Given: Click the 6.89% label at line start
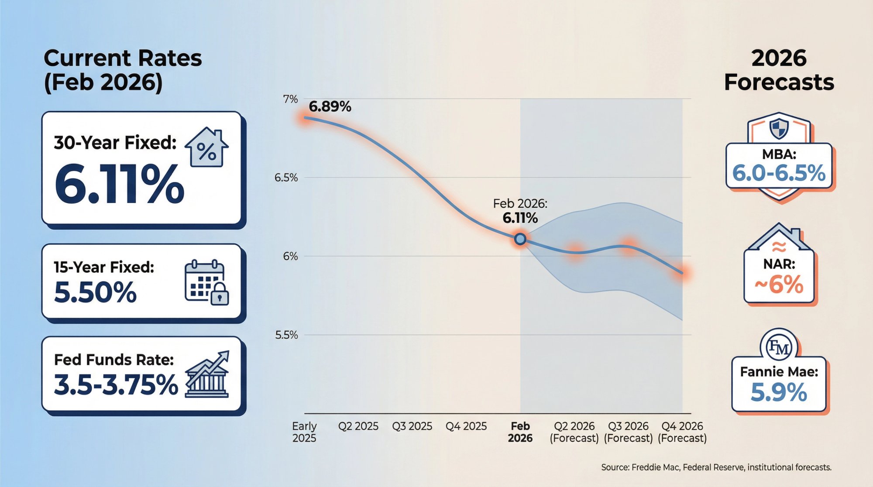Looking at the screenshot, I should (x=330, y=106).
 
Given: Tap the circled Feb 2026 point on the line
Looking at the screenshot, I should (x=520, y=239).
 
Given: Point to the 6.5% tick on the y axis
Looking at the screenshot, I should (x=286, y=178).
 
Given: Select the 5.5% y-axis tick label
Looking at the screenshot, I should (x=286, y=335).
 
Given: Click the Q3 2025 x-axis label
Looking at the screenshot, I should (x=412, y=426).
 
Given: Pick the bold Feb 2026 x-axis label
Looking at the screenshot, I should (x=520, y=432).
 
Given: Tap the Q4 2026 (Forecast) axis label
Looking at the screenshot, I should (x=682, y=432).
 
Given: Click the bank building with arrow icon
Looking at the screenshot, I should (x=206, y=375).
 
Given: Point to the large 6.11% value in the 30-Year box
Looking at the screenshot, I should (x=119, y=185).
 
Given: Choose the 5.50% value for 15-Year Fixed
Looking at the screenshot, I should (x=95, y=292).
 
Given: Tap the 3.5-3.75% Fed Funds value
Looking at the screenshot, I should (x=116, y=385).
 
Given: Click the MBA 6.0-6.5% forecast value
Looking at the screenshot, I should (x=779, y=173).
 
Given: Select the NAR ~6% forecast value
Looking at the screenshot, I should (x=779, y=285).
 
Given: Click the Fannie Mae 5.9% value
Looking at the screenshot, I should (x=779, y=392).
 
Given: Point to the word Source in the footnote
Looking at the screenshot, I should (x=615, y=467).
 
